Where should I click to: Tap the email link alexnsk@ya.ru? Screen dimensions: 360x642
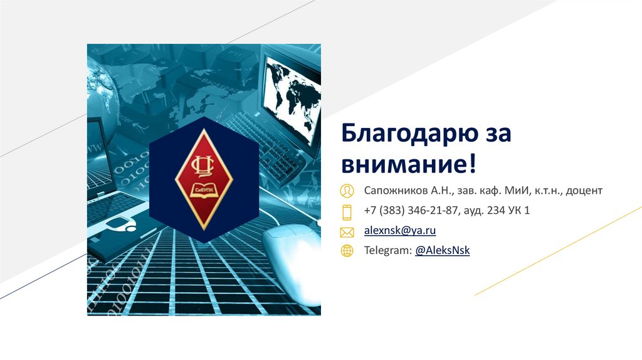click(400, 231)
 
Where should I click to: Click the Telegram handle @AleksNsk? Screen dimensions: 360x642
click(442, 250)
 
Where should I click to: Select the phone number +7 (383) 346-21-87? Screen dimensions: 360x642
click(412, 211)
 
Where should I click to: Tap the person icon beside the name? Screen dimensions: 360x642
click(346, 190)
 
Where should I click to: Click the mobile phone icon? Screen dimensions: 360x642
click(346, 211)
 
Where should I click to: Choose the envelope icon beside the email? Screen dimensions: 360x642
click(346, 232)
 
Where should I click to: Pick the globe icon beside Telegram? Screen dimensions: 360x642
click(346, 251)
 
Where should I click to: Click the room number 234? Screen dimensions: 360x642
click(496, 211)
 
